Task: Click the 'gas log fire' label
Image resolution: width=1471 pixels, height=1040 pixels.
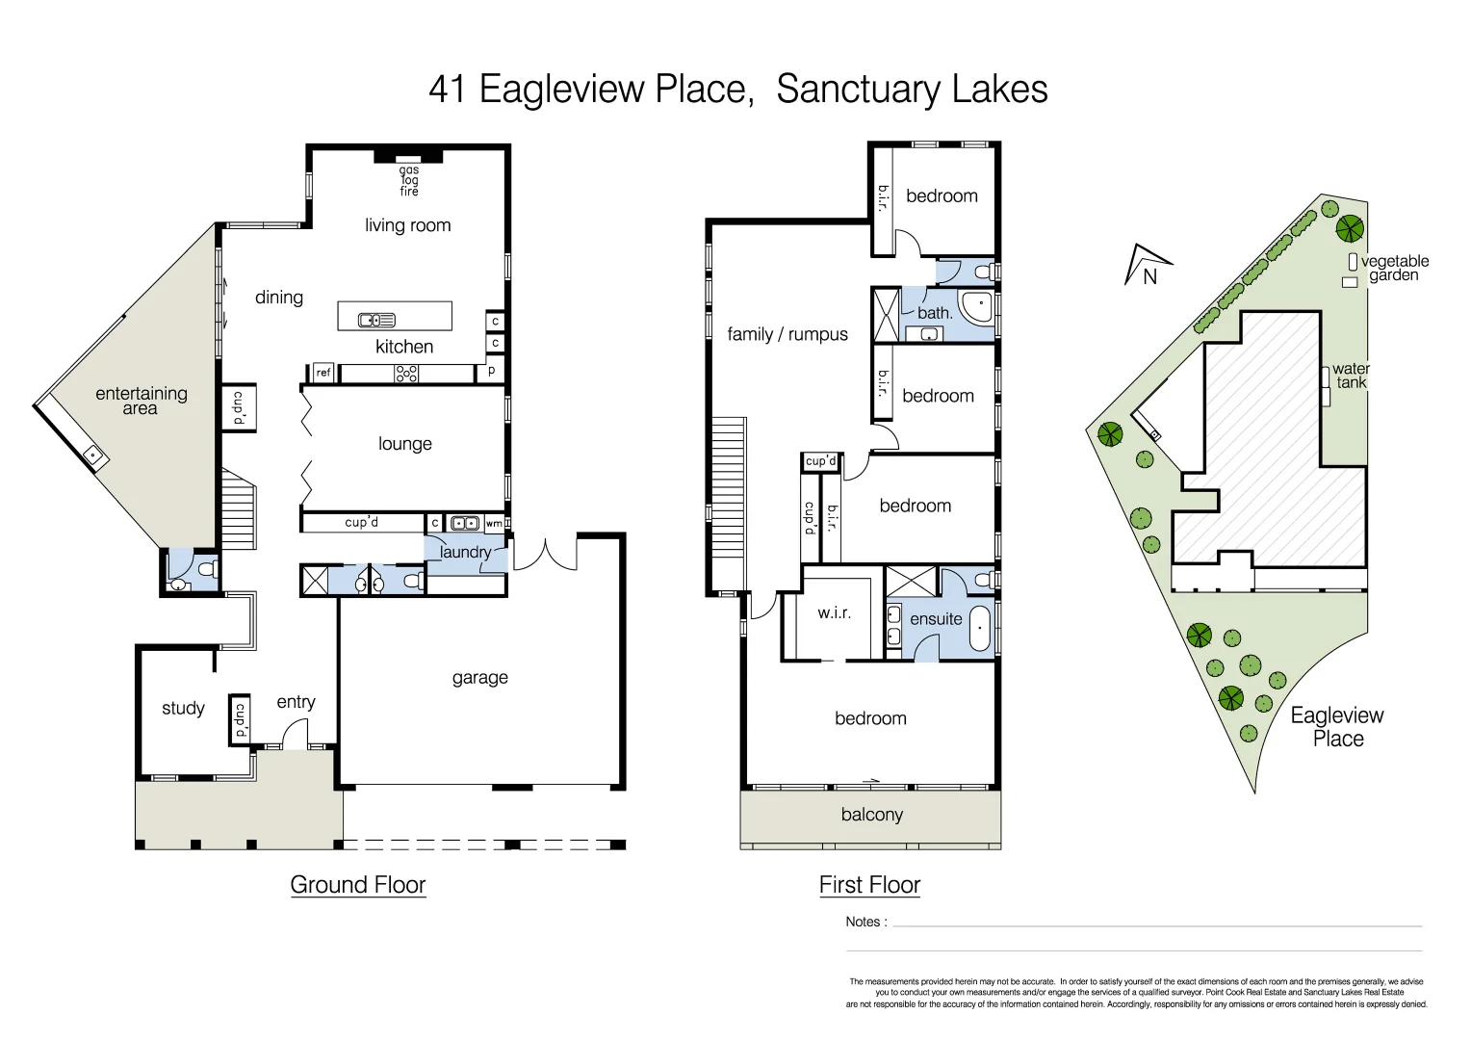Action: (x=409, y=181)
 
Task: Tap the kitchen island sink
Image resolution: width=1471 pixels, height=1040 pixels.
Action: (x=376, y=320)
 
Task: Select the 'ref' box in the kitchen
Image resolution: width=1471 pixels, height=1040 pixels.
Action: (x=323, y=373)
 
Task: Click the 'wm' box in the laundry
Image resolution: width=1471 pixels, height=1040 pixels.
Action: (x=493, y=524)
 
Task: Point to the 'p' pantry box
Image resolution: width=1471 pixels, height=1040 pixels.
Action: (x=492, y=370)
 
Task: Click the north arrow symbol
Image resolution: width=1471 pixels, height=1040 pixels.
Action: (x=1146, y=266)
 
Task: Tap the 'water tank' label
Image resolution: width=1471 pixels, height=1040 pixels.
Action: (x=1351, y=376)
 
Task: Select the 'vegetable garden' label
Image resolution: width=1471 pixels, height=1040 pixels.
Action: (x=1394, y=268)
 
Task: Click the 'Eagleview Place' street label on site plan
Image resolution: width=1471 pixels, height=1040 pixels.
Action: (x=1337, y=727)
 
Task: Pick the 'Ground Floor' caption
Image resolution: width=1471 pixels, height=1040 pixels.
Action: (x=357, y=885)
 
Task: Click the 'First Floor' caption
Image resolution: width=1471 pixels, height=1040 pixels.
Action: (x=869, y=885)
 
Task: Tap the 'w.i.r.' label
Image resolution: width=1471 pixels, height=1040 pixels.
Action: (x=834, y=612)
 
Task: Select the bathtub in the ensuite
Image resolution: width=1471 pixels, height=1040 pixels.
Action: (x=980, y=628)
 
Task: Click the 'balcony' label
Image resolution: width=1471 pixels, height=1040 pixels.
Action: (x=871, y=815)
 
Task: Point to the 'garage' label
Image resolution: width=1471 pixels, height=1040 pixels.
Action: (x=479, y=678)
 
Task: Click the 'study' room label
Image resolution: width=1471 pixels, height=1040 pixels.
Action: (x=183, y=709)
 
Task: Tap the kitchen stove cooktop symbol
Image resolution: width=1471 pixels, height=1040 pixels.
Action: (x=406, y=374)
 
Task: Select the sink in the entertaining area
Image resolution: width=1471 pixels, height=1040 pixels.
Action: (x=93, y=455)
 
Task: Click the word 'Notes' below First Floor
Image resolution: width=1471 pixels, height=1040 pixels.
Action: (x=863, y=922)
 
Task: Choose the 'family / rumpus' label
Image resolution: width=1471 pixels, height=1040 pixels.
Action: (x=787, y=334)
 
